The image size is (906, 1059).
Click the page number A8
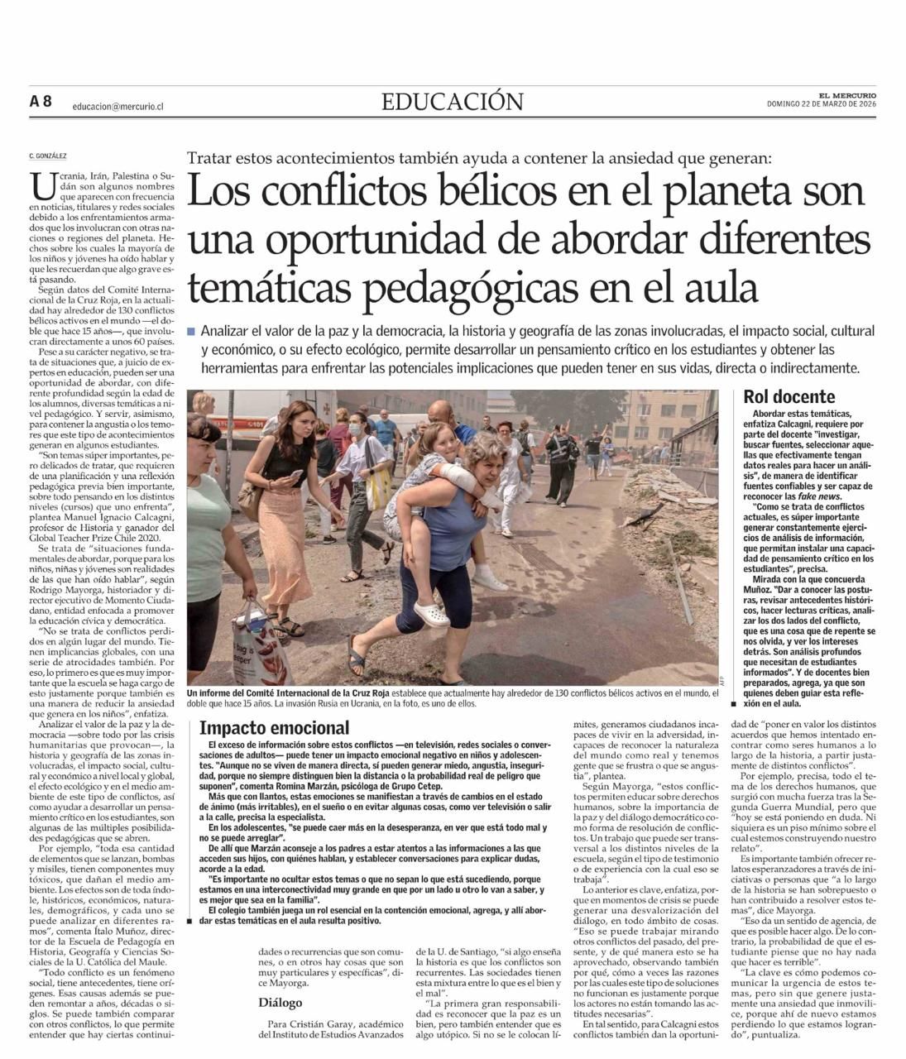pyautogui.click(x=41, y=101)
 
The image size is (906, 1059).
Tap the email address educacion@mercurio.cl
pyautogui.click(x=117, y=106)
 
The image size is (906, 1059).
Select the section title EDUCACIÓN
pyautogui.click(x=452, y=101)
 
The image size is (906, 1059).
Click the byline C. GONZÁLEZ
pyautogui.click(x=47, y=156)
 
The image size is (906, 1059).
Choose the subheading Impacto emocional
pyautogui.click(x=274, y=728)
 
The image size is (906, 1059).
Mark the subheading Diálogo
pyautogui.click(x=280, y=1002)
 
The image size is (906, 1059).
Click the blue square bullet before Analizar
pyautogui.click(x=191, y=331)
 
